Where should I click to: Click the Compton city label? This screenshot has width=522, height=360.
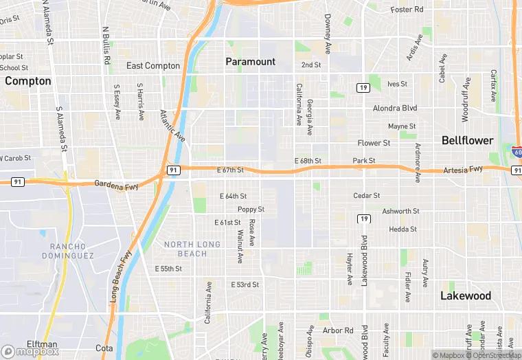(28, 81)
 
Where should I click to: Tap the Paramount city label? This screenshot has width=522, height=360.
(251, 62)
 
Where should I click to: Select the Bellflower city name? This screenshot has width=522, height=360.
(467, 140)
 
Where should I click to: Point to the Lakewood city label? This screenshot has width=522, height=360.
(466, 295)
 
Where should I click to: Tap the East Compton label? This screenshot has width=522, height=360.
(153, 66)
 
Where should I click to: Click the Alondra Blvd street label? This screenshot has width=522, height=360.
(395, 109)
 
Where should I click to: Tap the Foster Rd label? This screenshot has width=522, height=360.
(407, 10)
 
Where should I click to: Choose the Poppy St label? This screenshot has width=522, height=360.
(251, 210)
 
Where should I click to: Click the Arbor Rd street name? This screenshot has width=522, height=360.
(338, 330)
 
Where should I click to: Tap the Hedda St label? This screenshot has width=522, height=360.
(402, 229)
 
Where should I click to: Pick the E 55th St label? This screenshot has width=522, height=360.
(168, 269)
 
